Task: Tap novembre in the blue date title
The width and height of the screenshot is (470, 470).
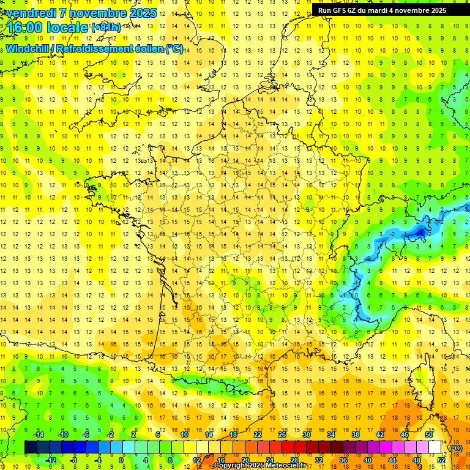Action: click(x=99, y=13)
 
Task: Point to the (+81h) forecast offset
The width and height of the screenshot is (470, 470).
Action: click(x=106, y=27)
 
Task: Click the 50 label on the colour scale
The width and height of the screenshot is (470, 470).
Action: click(x=429, y=435)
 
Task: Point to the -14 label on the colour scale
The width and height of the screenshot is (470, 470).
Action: click(x=39, y=435)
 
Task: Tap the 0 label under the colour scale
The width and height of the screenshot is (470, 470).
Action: click(x=121, y=460)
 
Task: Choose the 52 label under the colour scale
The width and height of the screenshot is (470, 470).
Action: click(x=441, y=460)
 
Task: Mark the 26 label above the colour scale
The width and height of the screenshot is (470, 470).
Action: click(x=282, y=435)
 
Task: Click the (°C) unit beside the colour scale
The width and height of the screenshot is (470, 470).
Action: click(x=455, y=448)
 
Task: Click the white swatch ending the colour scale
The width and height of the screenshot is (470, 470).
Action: click(x=435, y=447)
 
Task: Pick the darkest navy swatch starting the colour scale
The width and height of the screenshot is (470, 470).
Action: click(x=31, y=447)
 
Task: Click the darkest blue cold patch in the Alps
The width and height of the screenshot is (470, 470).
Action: click(x=420, y=232)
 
